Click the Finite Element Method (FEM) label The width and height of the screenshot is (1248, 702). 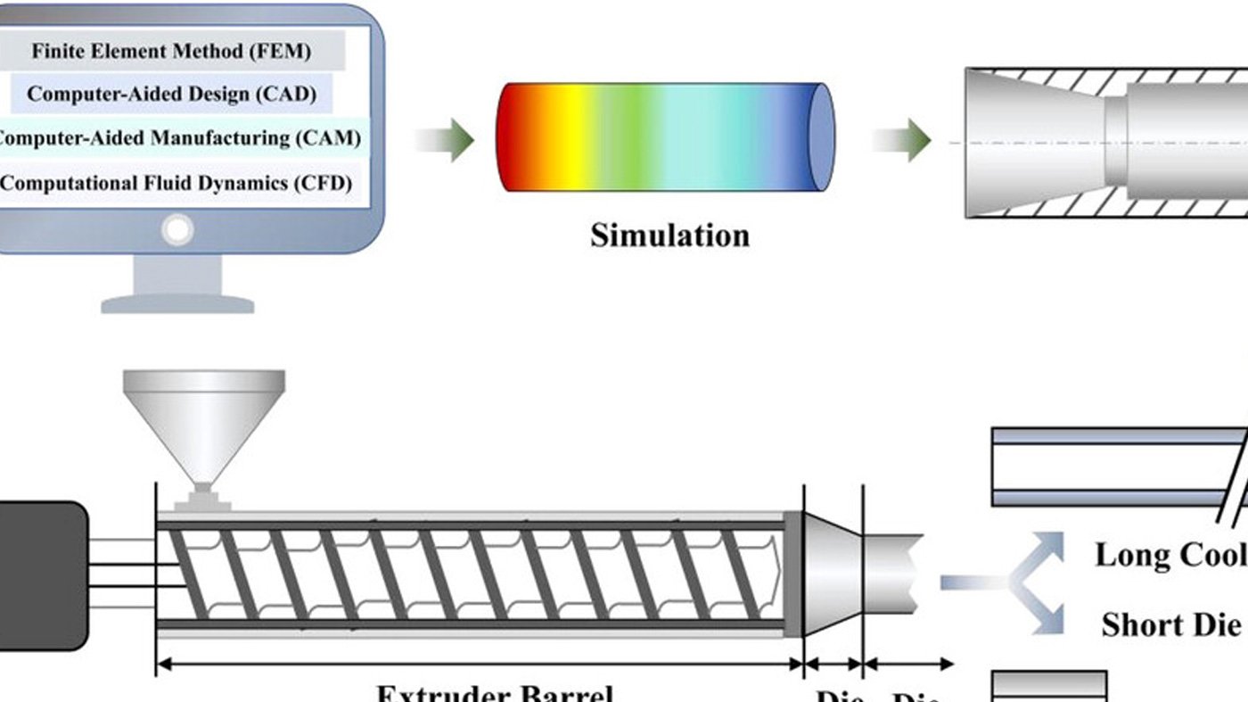pyautogui.click(x=171, y=51)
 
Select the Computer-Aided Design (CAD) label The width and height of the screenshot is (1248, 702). pyautogui.click(x=171, y=94)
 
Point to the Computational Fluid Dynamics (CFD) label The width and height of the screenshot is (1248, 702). pyautogui.click(x=177, y=184)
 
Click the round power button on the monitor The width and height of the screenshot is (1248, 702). pyautogui.click(x=177, y=230)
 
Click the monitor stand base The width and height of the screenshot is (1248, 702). pyautogui.click(x=177, y=304)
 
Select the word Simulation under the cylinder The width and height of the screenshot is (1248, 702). pyautogui.click(x=669, y=235)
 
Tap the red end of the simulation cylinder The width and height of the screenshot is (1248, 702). pyautogui.click(x=513, y=137)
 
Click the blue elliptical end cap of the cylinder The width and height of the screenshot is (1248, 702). pyautogui.click(x=821, y=137)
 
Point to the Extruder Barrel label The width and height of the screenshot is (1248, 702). pyautogui.click(x=494, y=692)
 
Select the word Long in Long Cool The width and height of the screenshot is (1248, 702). pyautogui.click(x=1132, y=555)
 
